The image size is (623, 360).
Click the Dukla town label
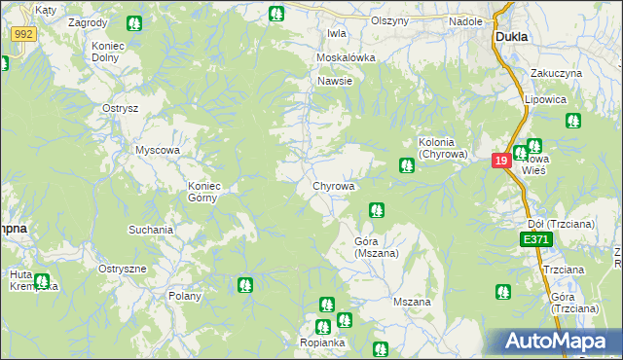click(511, 36)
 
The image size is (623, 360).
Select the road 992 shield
click(24, 34)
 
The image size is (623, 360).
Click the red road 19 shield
click(501, 161)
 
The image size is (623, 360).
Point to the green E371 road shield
click(534, 238)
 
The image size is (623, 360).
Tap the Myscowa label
click(159, 150)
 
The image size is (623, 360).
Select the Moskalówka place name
click(346, 57)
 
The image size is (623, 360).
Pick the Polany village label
click(184, 296)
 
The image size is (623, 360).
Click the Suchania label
click(151, 230)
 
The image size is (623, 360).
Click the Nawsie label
click(334, 81)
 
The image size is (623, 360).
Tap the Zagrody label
click(89, 20)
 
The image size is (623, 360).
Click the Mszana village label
click(412, 302)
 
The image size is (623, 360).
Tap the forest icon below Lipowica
click(573, 121)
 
